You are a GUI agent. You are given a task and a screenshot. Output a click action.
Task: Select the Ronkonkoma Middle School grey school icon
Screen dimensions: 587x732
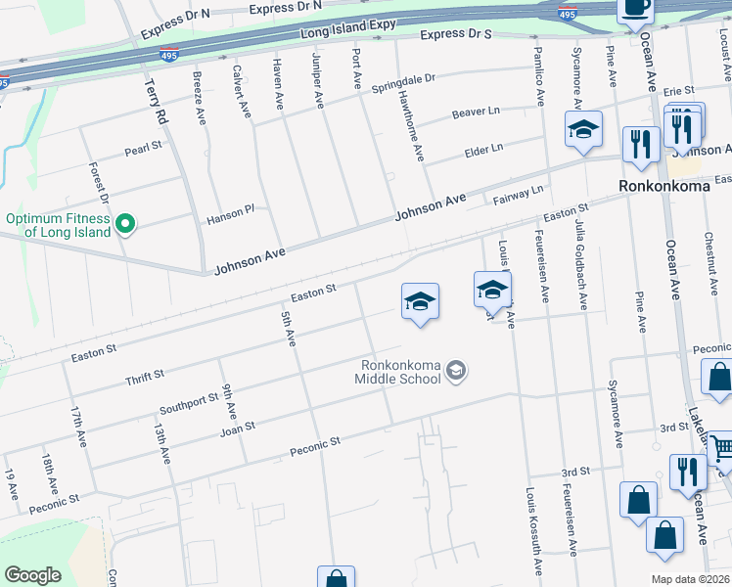click(x=455, y=371)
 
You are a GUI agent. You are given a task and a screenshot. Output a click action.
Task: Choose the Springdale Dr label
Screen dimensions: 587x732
click(x=403, y=82)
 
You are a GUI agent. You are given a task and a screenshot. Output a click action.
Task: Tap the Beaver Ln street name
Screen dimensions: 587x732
click(x=477, y=114)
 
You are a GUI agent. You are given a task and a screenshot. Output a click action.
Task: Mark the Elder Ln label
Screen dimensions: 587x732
click(x=483, y=149)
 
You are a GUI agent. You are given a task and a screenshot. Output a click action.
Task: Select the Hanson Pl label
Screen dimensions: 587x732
click(x=230, y=215)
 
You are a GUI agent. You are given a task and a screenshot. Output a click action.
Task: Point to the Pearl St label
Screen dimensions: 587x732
click(x=142, y=151)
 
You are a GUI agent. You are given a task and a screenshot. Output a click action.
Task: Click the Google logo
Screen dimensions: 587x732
click(x=32, y=575)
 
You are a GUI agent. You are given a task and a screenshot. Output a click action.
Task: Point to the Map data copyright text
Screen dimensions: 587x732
click(x=690, y=579)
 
